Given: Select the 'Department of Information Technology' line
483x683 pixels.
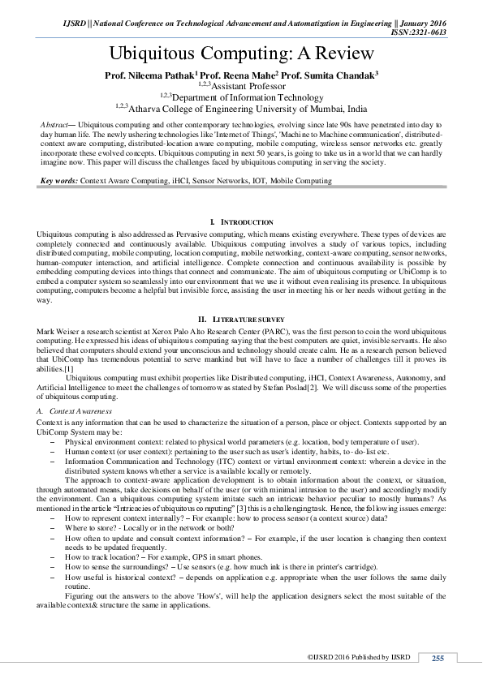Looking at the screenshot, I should pyautogui.click(x=242, y=97).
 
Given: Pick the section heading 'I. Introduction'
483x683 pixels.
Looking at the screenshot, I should pyautogui.click(x=241, y=221).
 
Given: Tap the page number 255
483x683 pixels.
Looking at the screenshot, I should pyautogui.click(x=437, y=658).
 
